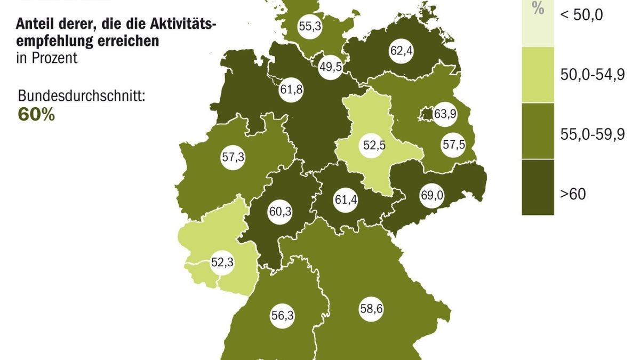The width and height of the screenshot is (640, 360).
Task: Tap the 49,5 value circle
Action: pos(330,67)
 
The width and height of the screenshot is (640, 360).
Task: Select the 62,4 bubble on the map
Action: pos(402,52)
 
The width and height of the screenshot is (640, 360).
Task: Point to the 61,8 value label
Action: pos(291,89)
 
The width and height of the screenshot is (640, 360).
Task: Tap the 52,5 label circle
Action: pos(373,145)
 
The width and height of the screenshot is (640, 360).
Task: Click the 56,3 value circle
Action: pos(283,315)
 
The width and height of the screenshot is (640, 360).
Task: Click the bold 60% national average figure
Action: pos(36,115)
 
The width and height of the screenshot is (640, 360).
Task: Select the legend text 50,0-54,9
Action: pos(592,75)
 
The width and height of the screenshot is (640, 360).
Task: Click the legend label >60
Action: pos(573,194)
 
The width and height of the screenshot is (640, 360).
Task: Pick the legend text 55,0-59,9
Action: pos(592,135)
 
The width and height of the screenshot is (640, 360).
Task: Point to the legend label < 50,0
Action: pos(581,15)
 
